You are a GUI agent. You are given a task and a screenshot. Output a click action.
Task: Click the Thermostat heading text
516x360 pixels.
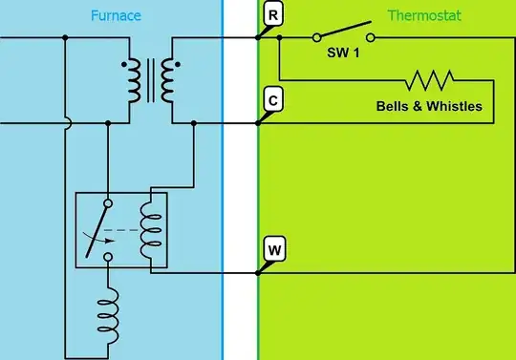[x=421, y=16]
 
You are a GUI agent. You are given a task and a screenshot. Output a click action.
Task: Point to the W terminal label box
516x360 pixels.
[x=272, y=250]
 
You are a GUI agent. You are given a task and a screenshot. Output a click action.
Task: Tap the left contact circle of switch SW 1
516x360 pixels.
[x=315, y=38]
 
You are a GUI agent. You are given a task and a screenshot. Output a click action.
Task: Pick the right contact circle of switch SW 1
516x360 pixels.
[x=370, y=38]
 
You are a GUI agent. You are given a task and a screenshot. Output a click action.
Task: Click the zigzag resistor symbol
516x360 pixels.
[x=431, y=78]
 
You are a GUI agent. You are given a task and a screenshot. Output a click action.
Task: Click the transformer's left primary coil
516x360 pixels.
[x=127, y=81]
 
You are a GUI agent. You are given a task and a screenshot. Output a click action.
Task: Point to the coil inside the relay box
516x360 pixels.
[x=150, y=229]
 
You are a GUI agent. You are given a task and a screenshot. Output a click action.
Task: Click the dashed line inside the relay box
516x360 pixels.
[x=122, y=230]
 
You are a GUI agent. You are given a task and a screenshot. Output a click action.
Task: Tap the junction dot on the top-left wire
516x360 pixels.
[x=64, y=38]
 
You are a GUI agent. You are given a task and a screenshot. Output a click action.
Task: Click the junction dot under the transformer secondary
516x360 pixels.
[x=194, y=123]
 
